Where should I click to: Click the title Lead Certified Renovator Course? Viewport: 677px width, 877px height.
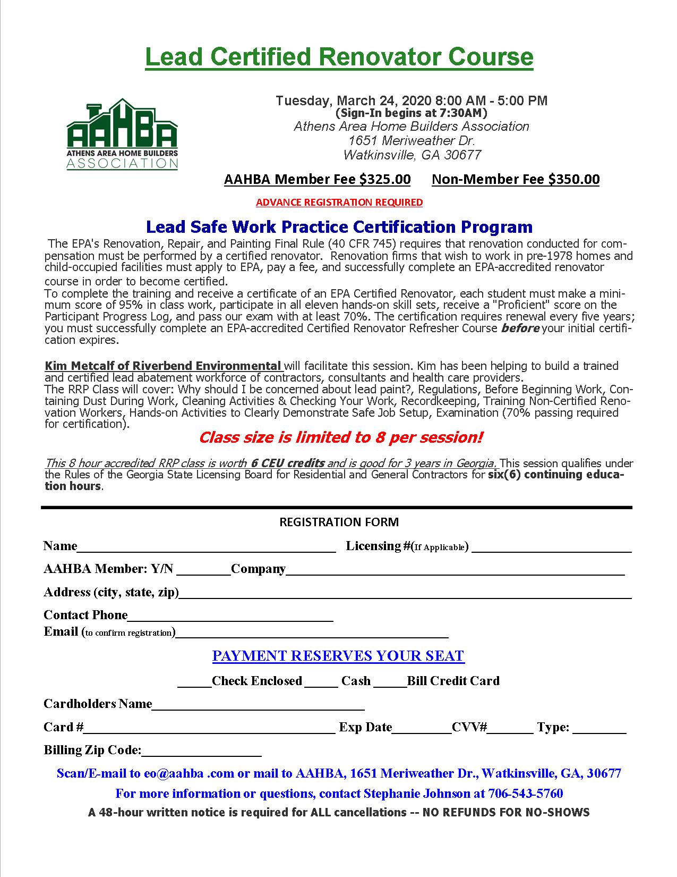pos(339,57)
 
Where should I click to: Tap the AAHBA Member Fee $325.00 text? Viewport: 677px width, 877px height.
pos(317,179)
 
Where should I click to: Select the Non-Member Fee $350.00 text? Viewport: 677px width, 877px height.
pos(516,179)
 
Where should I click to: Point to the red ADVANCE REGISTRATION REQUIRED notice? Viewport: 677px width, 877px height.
pos(339,203)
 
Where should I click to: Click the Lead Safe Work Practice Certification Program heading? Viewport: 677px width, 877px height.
pos(339,227)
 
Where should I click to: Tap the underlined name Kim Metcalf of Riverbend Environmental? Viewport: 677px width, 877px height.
pos(163,366)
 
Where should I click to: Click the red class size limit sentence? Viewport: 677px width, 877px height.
pos(340,437)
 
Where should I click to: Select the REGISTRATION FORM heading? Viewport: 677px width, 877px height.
pos(339,522)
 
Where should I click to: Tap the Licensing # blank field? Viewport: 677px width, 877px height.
pos(551,548)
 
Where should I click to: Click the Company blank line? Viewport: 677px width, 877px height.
pos(455,571)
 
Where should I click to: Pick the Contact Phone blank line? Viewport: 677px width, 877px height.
pos(230,617)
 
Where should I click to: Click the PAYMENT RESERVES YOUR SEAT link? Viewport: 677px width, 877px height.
pos(338,656)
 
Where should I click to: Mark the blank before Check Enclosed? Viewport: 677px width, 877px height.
pos(194,682)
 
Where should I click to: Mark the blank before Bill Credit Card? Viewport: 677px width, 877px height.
pos(390,682)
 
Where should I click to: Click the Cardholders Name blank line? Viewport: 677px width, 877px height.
pos(258,705)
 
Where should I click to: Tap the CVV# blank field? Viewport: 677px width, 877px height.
pos(510,729)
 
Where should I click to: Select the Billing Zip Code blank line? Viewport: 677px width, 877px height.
pos(201,752)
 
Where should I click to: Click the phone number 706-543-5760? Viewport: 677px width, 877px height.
pos(525,794)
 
